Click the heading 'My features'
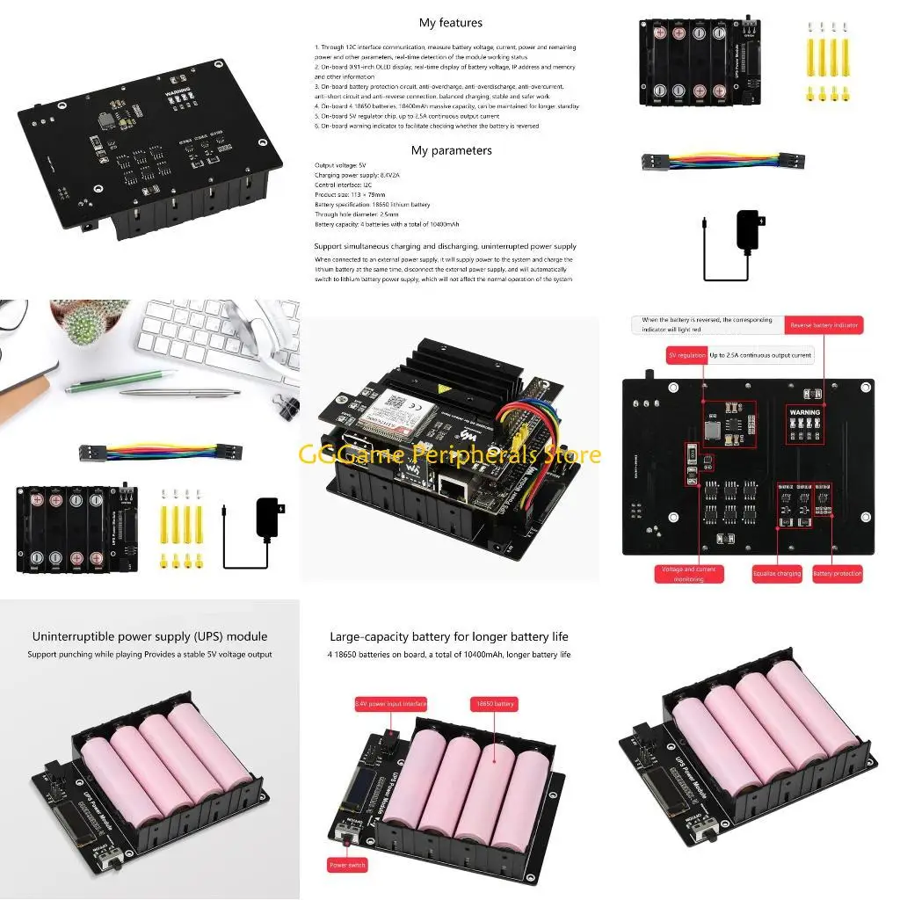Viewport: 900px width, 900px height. pos(450,23)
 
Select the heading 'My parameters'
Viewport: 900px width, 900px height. pos(451,150)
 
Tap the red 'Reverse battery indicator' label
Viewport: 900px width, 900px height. pos(824,325)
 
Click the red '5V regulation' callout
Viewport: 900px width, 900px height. pos(686,355)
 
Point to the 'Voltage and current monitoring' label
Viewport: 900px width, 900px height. pos(688,574)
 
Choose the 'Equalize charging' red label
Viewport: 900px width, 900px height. pos(777,574)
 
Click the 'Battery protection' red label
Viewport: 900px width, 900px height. pos(837,574)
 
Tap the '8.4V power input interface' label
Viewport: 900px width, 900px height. pos(390,704)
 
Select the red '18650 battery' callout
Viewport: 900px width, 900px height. pos(494,704)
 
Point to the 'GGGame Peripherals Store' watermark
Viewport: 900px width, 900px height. pos(450,454)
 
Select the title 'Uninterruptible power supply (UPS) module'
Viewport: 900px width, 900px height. pos(149,636)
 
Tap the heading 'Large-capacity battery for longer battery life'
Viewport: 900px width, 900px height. pos(449,636)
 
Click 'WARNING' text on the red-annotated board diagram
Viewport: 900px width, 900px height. pos(804,411)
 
